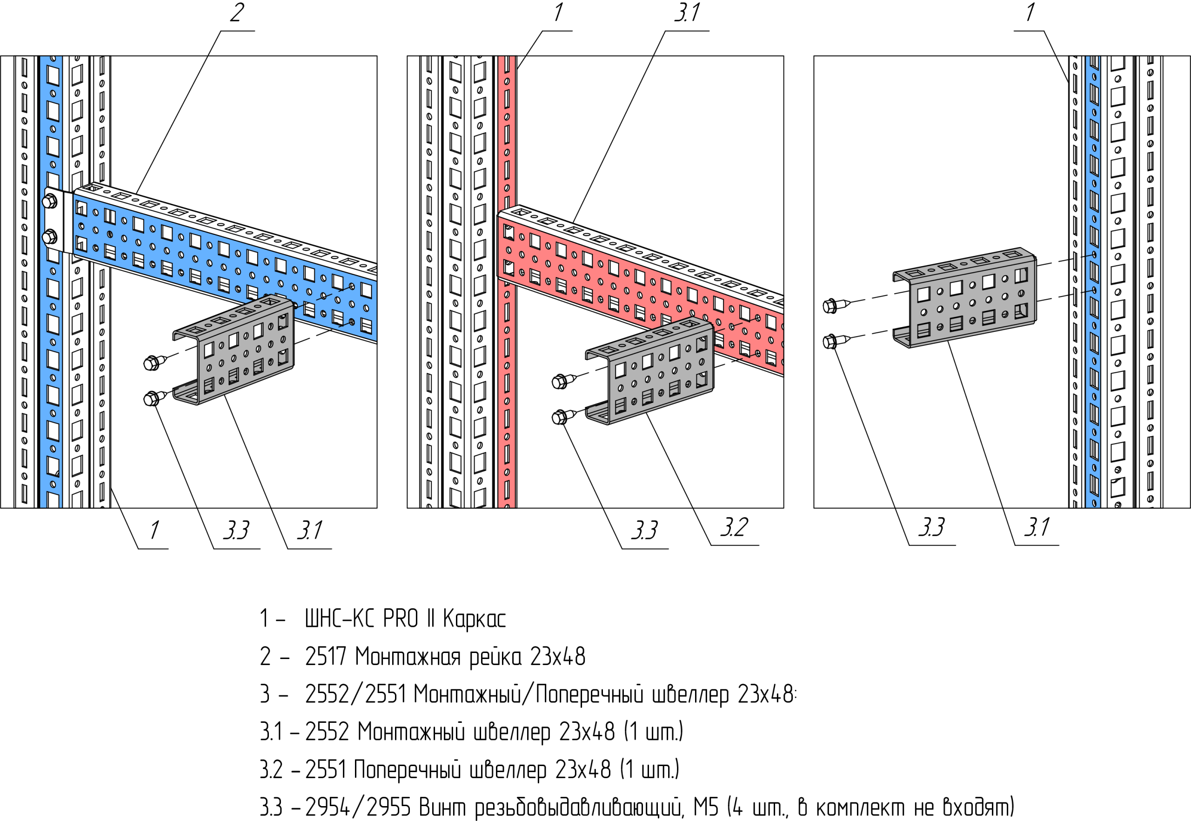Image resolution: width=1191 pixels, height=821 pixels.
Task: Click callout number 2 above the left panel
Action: tap(236, 13)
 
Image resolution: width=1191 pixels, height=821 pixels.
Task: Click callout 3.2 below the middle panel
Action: tap(734, 527)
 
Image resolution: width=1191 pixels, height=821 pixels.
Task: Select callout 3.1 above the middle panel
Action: tap(688, 13)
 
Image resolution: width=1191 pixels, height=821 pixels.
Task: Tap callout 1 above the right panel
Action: tap(1030, 13)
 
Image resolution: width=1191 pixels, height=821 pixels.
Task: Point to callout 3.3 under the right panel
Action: tap(931, 527)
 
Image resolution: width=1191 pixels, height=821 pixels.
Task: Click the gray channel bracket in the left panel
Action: tap(242, 350)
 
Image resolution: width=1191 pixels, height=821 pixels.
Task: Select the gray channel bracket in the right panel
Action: tap(967, 298)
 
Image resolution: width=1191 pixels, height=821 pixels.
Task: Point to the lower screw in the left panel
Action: tap(153, 398)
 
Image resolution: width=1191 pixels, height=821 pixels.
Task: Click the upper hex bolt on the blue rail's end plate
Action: tap(49, 201)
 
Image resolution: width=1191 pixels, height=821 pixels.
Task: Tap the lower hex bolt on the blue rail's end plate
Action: tap(49, 237)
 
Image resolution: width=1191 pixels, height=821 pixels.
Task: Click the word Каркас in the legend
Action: tap(474, 619)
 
